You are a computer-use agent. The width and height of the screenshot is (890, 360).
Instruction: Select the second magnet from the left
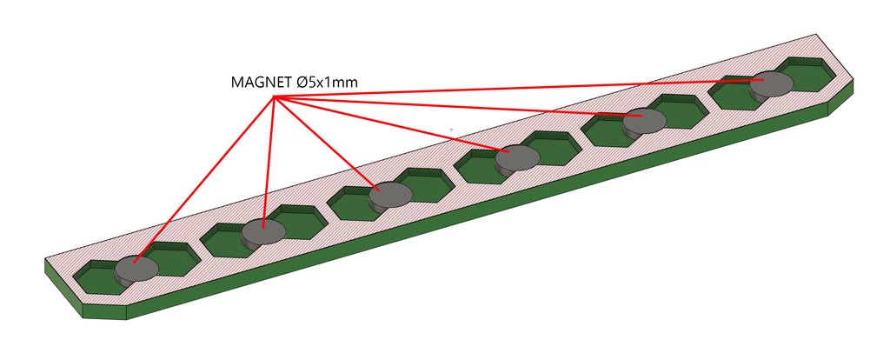262,232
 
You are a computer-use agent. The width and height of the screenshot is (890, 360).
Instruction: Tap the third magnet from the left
389,196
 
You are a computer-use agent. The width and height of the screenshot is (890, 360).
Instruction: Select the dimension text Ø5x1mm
327,83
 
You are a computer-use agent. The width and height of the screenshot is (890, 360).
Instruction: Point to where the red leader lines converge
276,98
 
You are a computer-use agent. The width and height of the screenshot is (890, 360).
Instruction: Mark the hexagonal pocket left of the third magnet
353,205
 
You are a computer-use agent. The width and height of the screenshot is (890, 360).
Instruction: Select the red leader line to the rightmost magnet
521,89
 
